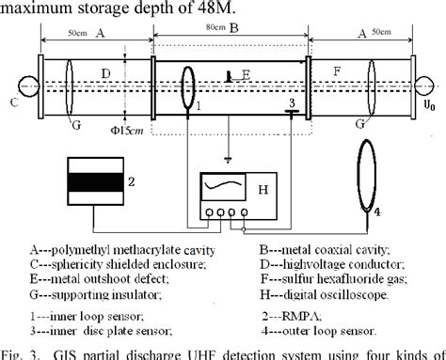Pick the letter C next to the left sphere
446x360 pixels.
click(11, 102)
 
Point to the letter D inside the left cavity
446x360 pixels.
click(106, 72)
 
